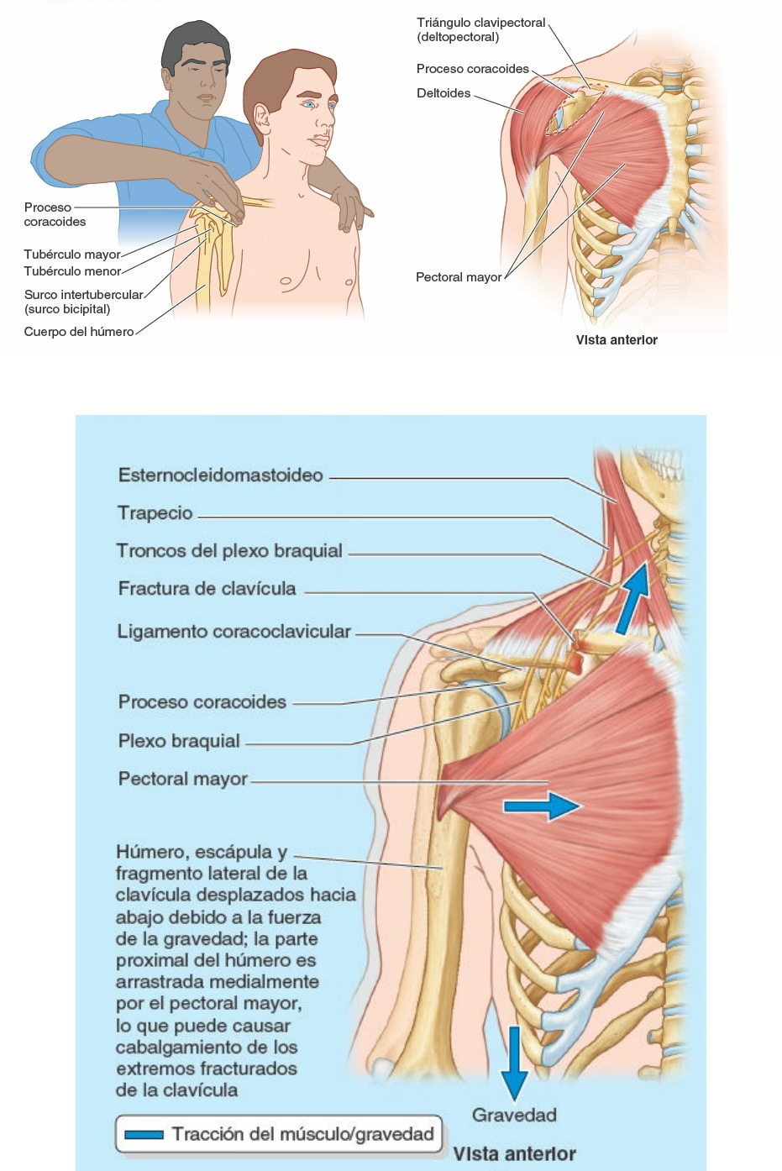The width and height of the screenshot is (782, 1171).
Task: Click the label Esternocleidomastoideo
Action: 220,475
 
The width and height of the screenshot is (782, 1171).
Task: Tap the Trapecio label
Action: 155,513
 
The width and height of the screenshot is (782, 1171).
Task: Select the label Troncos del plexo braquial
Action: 229,551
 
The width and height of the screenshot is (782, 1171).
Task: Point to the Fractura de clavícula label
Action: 207,589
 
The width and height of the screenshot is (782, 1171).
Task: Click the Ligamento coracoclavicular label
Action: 234,632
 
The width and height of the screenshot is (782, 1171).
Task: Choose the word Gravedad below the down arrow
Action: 514,1116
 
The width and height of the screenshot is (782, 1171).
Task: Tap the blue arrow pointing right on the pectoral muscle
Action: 541,806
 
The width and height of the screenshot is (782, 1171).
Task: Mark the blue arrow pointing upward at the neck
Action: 632,598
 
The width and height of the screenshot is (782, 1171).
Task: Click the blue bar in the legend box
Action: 144,1135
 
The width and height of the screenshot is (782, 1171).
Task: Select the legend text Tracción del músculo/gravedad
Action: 302,1134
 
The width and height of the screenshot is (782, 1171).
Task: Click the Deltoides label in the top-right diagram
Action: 443,93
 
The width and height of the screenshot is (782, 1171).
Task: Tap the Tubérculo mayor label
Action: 72,255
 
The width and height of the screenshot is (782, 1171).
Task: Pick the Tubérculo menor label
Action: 72,271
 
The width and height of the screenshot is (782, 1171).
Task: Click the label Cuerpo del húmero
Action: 79,332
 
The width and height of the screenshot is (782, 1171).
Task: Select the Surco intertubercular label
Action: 83,295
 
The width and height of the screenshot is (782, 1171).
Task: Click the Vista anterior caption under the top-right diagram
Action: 617,340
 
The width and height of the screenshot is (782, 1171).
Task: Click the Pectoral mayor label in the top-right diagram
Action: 458,277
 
